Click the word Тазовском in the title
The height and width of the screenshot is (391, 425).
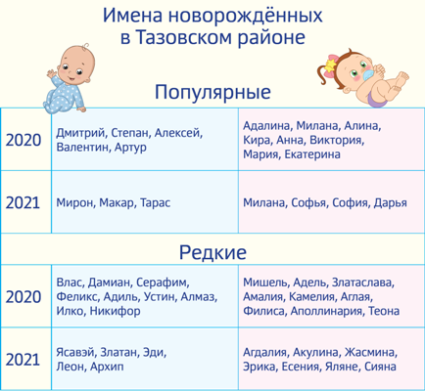coord(183,37)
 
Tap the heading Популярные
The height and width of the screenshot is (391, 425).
coord(212,92)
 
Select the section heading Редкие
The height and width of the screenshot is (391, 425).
coord(212,252)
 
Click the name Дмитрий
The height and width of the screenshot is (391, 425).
coord(81,133)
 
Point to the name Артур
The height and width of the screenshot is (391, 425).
coord(130,148)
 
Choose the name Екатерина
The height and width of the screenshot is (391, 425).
coord(312,154)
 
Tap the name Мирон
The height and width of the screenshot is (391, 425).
coord(75,203)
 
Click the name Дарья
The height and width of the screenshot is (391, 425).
coord(390,203)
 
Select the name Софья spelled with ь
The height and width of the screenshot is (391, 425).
coord(308,203)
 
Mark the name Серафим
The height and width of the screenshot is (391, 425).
coord(163,282)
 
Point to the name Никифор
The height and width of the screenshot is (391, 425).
coord(115,311)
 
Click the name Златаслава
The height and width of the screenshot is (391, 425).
coord(363,282)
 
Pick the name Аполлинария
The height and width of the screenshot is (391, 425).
coord(327,311)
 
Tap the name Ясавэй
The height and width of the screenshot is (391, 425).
coord(75,352)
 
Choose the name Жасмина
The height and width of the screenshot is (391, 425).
coord(371,352)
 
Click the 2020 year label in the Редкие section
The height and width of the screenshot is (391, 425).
coord(24,297)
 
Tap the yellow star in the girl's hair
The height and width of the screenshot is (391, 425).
coord(331,64)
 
